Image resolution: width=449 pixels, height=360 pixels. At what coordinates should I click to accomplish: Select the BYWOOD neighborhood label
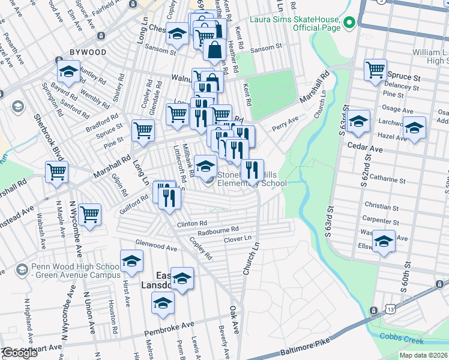(x=88, y=52)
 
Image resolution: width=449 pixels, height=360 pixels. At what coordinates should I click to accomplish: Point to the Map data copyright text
(x=423, y=355)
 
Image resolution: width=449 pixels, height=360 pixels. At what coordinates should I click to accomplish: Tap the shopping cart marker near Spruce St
(x=375, y=69)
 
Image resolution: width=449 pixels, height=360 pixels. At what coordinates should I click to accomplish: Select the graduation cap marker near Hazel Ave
(x=414, y=127)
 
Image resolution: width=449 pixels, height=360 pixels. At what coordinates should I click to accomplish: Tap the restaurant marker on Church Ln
(x=253, y=170)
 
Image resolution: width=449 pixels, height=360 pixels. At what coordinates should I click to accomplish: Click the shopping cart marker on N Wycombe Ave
(x=89, y=214)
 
